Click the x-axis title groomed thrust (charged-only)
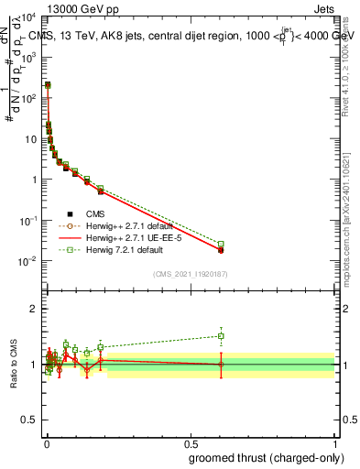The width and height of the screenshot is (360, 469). pyautogui.click(x=273, y=457)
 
